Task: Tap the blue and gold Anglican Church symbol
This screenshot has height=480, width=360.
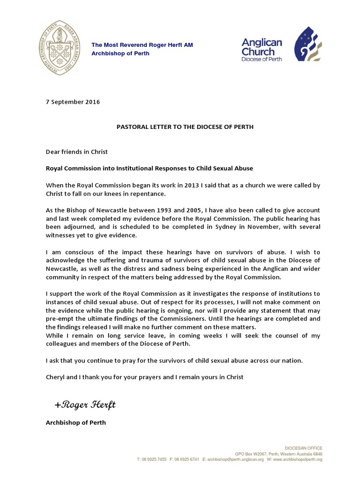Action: (x=307, y=45)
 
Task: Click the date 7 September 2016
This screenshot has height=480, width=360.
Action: (x=73, y=101)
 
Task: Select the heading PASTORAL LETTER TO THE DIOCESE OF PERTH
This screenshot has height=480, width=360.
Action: (x=185, y=127)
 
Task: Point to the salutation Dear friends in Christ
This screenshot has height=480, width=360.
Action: (x=76, y=151)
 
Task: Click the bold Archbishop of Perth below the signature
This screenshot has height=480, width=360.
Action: (x=75, y=422)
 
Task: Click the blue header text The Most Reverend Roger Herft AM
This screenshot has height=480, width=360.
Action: (x=142, y=45)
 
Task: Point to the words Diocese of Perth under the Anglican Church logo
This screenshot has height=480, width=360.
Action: (x=262, y=60)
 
